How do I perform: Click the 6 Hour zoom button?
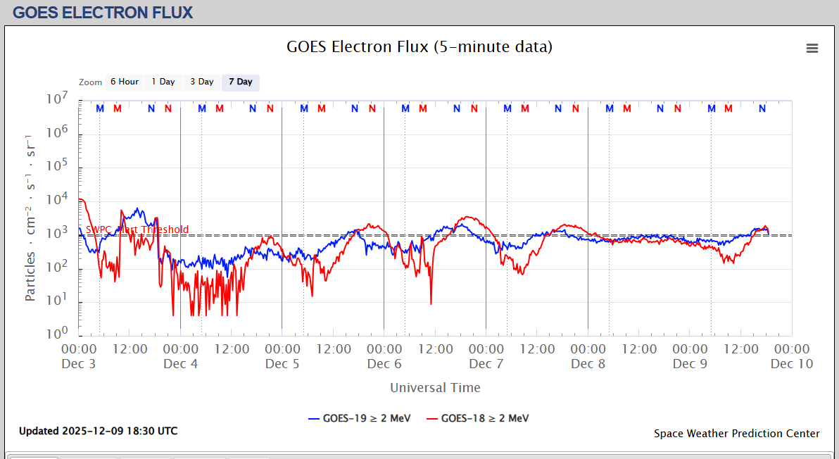(125, 82)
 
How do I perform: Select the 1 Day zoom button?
(163, 82)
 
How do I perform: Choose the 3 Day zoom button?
(202, 82)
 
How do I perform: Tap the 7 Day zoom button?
(241, 82)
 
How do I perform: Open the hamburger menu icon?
(812, 49)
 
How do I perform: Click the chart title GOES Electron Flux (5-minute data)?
(419, 47)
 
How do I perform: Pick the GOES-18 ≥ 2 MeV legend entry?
(477, 418)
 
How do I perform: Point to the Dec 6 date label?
(384, 364)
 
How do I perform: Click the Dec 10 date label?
(792, 364)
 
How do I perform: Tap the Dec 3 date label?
(79, 364)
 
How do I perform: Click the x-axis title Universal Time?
(435, 388)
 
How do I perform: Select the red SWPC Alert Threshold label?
(137, 230)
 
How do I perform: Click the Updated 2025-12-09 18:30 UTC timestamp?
(98, 431)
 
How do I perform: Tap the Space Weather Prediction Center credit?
(736, 434)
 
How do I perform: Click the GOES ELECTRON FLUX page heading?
(103, 13)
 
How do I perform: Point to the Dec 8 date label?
(588, 364)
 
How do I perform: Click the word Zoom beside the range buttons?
(90, 82)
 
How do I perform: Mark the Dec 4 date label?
(181, 364)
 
